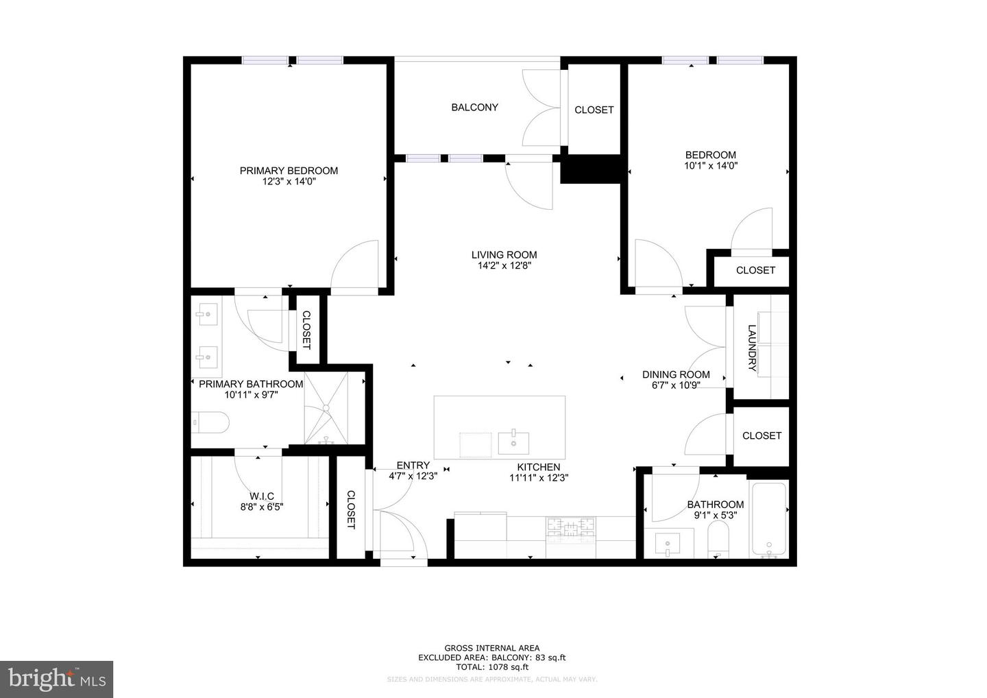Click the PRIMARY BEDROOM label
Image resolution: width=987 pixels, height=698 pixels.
(289, 171)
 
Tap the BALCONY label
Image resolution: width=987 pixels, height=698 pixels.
(474, 107)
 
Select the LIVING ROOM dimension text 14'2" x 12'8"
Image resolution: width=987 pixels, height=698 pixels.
(504, 266)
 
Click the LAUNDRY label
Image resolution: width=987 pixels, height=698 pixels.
(752, 348)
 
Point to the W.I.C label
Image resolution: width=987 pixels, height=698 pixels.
(261, 496)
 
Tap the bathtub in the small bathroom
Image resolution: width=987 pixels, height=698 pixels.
(769, 518)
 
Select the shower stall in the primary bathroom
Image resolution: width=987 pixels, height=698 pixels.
(326, 408)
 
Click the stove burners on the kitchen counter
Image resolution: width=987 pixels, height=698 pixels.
(570, 527)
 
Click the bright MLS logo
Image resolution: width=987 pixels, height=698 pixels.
(56, 679)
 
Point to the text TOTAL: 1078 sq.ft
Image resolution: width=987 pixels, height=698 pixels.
(492, 666)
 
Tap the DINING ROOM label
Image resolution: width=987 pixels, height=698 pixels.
(676, 374)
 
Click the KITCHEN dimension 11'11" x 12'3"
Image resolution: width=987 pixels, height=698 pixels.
(539, 479)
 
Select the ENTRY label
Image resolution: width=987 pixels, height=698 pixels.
(413, 466)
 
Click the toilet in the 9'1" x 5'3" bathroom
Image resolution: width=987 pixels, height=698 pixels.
(718, 539)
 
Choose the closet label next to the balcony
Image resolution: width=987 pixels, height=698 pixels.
(594, 110)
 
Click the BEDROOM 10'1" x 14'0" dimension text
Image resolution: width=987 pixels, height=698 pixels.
(711, 165)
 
